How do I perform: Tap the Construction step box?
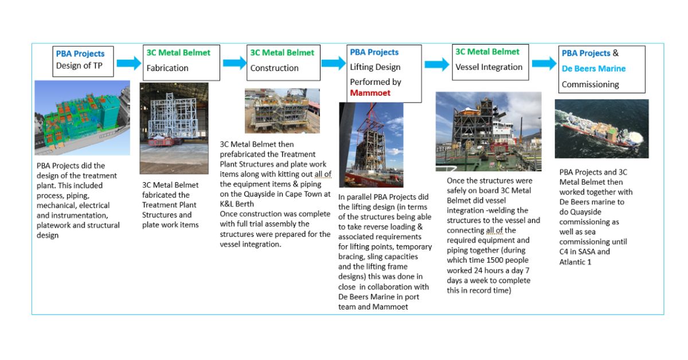(x=283, y=61)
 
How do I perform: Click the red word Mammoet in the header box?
(x=370, y=92)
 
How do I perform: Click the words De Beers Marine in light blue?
(x=593, y=69)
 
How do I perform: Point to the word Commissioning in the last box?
(x=590, y=84)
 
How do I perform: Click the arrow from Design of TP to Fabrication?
(x=128, y=62)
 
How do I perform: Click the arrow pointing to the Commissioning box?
(x=543, y=62)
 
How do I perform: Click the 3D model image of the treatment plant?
(x=82, y=118)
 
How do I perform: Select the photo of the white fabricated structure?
(x=174, y=128)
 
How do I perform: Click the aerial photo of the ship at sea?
(x=601, y=129)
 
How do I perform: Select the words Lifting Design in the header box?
(x=375, y=67)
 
